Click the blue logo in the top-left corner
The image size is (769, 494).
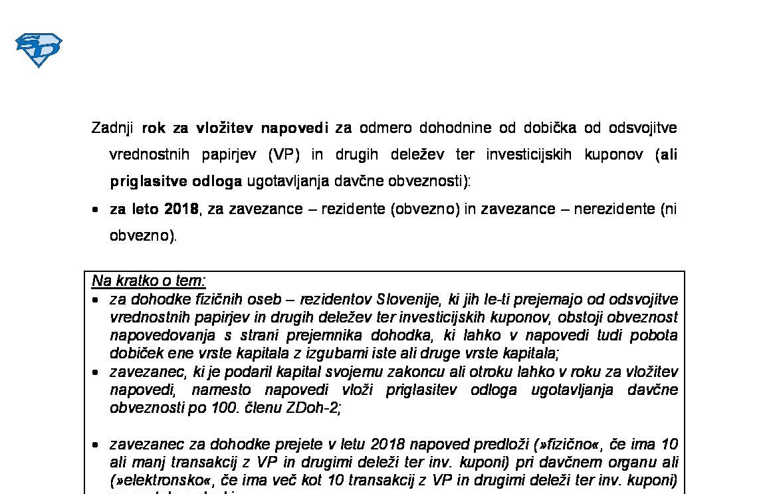click(x=39, y=50)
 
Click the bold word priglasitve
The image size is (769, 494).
click(x=148, y=182)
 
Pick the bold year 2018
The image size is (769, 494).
click(x=181, y=209)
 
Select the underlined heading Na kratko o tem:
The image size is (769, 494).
click(x=149, y=281)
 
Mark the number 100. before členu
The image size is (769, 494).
click(x=223, y=408)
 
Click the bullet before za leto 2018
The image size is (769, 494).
click(x=96, y=209)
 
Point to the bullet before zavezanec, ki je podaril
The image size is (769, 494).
click(x=96, y=372)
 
